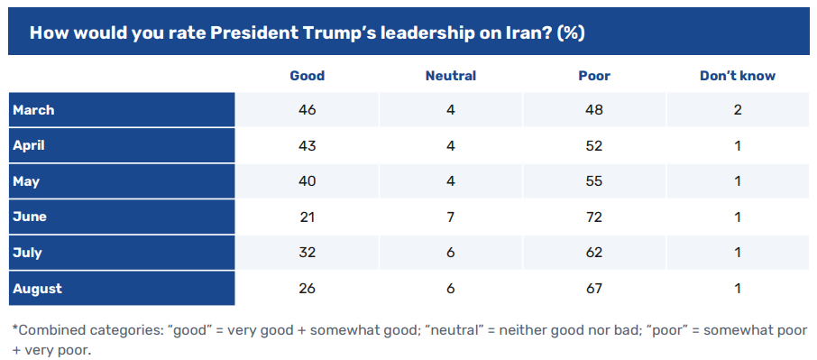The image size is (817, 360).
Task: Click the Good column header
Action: pyautogui.click(x=307, y=76)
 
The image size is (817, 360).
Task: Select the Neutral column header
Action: pyautogui.click(x=451, y=76)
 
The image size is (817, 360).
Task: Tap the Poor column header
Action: pyautogui.click(x=594, y=76)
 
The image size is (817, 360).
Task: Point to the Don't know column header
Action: pyautogui.click(x=738, y=76)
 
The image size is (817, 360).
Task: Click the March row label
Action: pyautogui.click(x=33, y=110)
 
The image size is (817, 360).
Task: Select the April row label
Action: pyautogui.click(x=29, y=145)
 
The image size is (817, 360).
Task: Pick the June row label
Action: pyautogui.click(x=30, y=217)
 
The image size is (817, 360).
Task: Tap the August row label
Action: pyautogui.click(x=38, y=289)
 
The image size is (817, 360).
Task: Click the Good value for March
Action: pyautogui.click(x=307, y=110)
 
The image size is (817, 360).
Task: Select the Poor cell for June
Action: pyautogui.click(x=594, y=217)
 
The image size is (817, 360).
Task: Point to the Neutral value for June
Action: pyautogui.click(x=451, y=217)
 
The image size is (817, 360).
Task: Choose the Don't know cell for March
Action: pyautogui.click(x=738, y=110)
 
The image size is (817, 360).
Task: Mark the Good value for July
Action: pyautogui.click(x=307, y=253)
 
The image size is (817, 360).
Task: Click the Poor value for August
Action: pyautogui.click(x=594, y=289)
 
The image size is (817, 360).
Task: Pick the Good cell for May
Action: pyautogui.click(x=307, y=181)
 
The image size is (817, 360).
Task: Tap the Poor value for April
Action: pyautogui.click(x=594, y=145)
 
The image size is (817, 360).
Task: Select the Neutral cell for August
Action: pyautogui.click(x=451, y=289)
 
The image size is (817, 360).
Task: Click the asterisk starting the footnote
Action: pyautogui.click(x=15, y=328)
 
